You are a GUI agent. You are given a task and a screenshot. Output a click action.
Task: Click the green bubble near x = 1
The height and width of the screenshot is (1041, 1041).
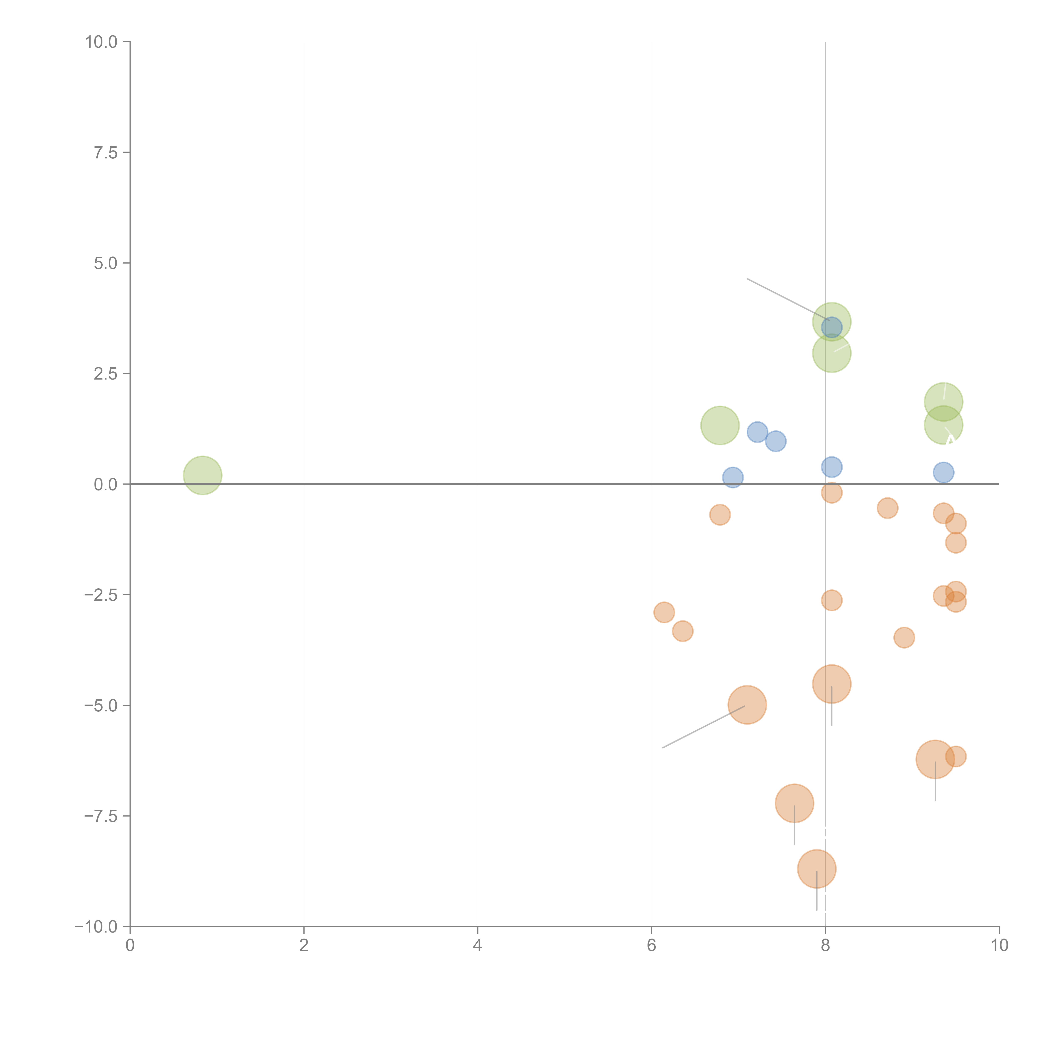pyautogui.click(x=203, y=475)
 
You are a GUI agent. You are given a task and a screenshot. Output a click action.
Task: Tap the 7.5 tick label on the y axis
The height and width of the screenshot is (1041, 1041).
pyautogui.click(x=106, y=152)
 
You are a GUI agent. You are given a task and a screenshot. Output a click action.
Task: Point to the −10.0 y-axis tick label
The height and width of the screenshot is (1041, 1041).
pyautogui.click(x=96, y=927)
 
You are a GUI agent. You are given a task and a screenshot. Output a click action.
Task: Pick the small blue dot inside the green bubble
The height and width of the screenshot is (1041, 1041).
pyautogui.click(x=831, y=327)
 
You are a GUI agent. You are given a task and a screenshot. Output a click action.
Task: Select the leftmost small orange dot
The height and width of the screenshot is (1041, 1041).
pyautogui.click(x=664, y=612)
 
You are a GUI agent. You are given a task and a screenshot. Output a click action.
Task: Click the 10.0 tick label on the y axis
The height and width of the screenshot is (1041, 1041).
pyautogui.click(x=101, y=42)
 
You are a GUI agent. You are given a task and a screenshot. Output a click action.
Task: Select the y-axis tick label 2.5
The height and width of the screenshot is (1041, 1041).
pyautogui.click(x=106, y=373)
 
